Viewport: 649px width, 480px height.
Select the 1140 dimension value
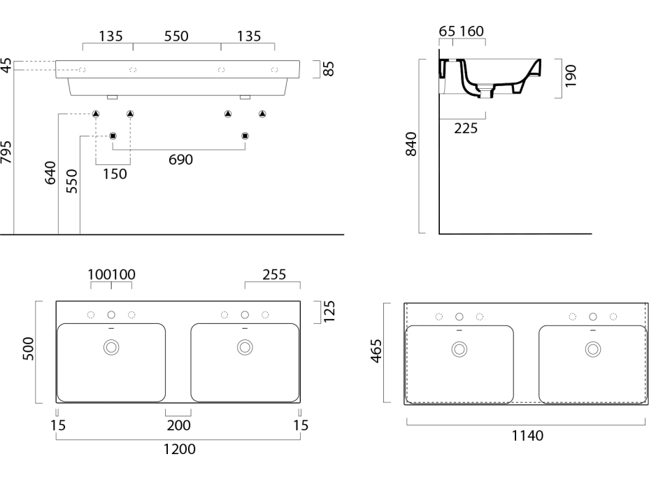pyautogui.click(x=527, y=435)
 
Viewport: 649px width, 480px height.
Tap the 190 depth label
pyautogui.click(x=571, y=75)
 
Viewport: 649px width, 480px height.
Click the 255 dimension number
pyautogui.click(x=273, y=275)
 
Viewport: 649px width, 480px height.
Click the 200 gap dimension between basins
pyautogui.click(x=178, y=425)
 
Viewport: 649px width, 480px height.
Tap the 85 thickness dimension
pyautogui.click(x=329, y=69)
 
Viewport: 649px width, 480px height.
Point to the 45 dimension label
pyautogui.click(x=6, y=66)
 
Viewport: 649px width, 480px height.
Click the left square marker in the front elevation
pyautogui.click(x=113, y=135)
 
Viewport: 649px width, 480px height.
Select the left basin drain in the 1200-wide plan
pyautogui.click(x=111, y=346)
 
